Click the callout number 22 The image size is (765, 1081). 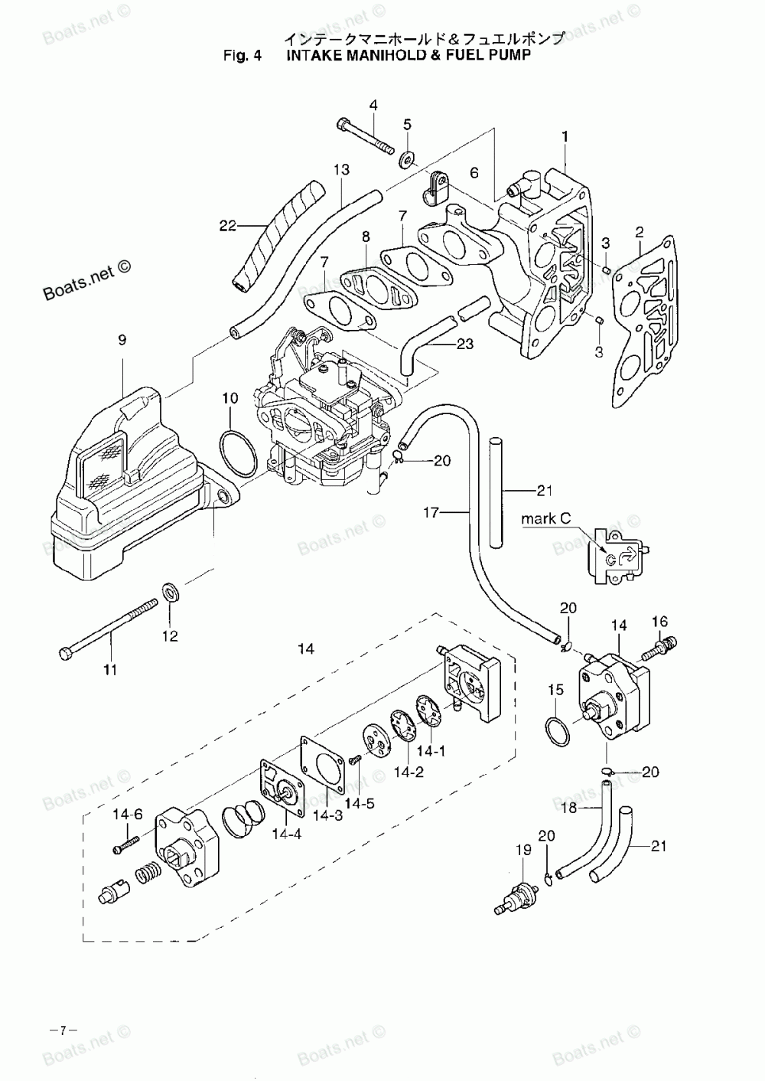[228, 225]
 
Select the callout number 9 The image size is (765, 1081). [122, 340]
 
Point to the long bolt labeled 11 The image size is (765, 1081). [109, 626]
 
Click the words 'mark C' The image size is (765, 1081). [545, 519]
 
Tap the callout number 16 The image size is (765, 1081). [659, 621]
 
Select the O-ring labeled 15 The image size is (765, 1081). [557, 731]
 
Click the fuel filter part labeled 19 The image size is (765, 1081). [516, 898]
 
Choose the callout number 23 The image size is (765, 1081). [465, 344]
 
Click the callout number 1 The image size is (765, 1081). [565, 136]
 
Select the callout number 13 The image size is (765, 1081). [341, 170]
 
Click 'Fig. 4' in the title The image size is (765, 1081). [243, 55]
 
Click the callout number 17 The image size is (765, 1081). [431, 512]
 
